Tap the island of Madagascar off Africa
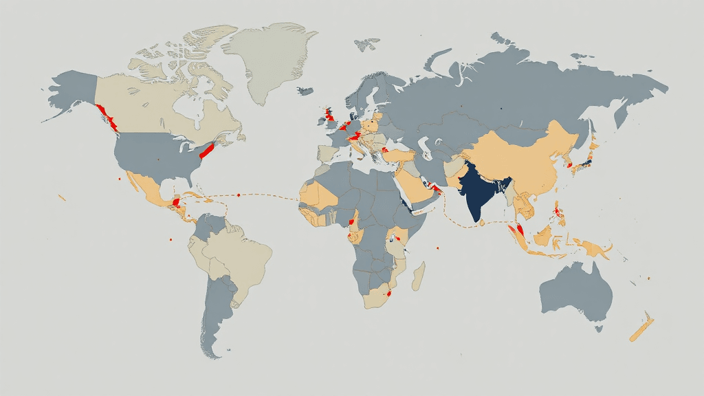(x=418, y=275)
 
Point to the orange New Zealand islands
(x=641, y=329)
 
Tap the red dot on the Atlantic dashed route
(x=238, y=195)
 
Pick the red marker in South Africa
(x=390, y=293)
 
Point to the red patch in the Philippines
(x=560, y=215)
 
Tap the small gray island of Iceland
(x=305, y=90)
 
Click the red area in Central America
(x=176, y=202)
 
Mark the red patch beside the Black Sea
(x=386, y=148)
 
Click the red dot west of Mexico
(x=120, y=179)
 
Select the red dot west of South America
(x=168, y=240)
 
